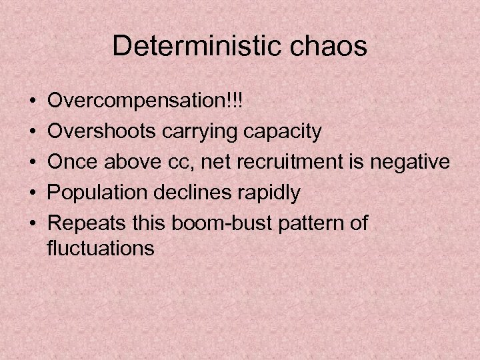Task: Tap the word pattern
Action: tap(311, 223)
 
